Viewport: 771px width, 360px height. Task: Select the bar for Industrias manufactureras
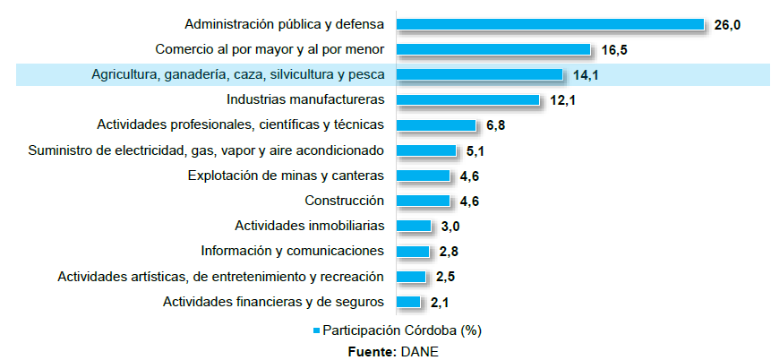coord(467,100)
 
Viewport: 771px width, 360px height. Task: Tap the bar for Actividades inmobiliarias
coord(414,226)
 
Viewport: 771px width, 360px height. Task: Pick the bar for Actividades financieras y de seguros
coord(408,302)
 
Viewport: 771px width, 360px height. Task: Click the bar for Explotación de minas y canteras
coord(423,176)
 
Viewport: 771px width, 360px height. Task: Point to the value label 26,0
coord(727,25)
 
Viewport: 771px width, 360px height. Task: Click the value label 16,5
coord(613,50)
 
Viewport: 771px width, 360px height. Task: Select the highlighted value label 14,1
coord(585,75)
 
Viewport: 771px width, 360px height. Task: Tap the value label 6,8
coord(495,126)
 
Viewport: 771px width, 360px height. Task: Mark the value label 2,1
coord(439,303)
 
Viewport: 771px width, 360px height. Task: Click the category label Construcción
coord(344,201)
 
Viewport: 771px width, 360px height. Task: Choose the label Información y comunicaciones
coord(292,251)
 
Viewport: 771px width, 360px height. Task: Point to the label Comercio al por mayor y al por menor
coord(270,49)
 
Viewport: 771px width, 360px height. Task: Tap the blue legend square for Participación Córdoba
coord(315,330)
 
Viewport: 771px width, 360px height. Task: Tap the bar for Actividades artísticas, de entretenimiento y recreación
coord(411,277)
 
